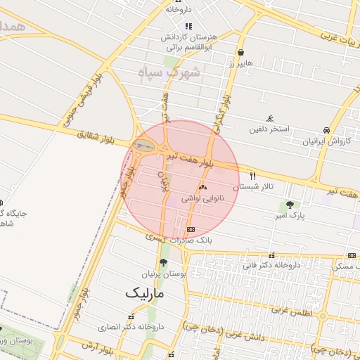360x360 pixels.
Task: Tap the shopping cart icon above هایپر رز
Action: [240, 52]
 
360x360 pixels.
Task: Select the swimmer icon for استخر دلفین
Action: [270, 118]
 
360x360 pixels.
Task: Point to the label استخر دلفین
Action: [271, 130]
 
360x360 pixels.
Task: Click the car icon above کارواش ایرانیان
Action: [326, 130]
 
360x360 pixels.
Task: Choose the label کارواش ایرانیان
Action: [326, 141]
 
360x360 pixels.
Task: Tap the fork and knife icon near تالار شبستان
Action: [253, 176]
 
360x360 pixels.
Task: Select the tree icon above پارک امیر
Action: [290, 205]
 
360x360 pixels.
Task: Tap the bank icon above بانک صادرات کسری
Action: [191, 230]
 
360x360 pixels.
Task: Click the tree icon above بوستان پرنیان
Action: [164, 263]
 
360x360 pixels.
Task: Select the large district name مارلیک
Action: [143, 292]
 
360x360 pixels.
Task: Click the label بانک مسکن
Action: [345, 266]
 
